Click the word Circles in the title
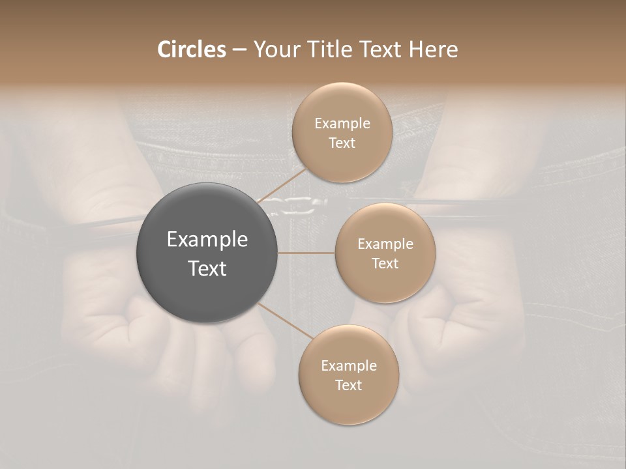pos(191,50)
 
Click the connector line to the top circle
pos(282,184)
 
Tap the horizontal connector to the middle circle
pos(306,253)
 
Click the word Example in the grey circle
pos(207,240)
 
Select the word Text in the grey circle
pos(207,268)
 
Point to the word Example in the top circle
pos(342,124)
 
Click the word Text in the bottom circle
pos(348,386)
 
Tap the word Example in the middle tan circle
pos(385,244)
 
